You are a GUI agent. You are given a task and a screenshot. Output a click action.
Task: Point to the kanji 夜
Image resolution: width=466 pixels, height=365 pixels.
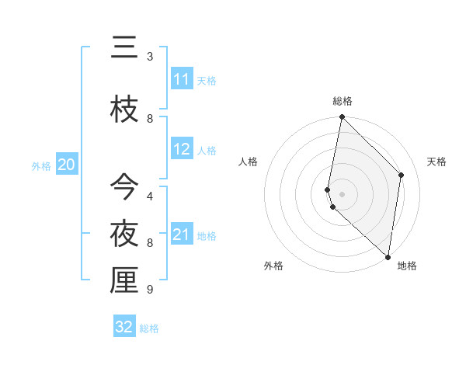[x=124, y=233]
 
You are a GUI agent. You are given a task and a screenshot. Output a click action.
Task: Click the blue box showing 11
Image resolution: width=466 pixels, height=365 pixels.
[x=182, y=79]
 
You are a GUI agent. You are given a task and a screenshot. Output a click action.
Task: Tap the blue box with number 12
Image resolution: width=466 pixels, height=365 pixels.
[x=182, y=150]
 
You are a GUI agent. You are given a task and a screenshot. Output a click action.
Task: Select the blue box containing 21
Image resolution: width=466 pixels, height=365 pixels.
[x=182, y=235]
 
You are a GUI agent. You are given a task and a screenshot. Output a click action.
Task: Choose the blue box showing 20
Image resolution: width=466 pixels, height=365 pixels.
[x=67, y=165]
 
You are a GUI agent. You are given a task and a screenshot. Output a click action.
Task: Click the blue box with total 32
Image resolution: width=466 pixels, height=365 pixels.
[x=124, y=327]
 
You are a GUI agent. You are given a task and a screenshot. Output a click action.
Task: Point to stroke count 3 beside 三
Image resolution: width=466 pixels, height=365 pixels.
[x=150, y=57]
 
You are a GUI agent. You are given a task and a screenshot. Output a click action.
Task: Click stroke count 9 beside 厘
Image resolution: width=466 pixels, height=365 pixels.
[x=150, y=290]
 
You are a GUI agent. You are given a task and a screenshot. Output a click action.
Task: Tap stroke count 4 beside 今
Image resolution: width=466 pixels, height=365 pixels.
[x=150, y=195]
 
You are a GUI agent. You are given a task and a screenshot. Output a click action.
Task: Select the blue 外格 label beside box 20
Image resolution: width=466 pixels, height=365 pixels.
[x=41, y=165]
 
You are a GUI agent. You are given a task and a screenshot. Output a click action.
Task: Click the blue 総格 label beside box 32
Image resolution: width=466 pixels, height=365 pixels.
[x=149, y=328]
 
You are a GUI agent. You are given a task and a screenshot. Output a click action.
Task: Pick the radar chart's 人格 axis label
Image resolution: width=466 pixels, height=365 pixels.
[x=249, y=162]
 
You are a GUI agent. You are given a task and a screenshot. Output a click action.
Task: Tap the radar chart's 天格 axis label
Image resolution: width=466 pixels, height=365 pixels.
[x=437, y=162]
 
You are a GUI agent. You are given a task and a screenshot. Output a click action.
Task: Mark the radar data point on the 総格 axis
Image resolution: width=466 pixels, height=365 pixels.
[x=342, y=117]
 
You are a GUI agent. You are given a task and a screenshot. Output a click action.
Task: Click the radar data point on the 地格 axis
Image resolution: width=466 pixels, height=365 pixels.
[x=387, y=256]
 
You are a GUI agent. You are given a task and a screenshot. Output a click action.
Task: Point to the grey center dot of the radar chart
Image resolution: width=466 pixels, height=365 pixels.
[x=342, y=194]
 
